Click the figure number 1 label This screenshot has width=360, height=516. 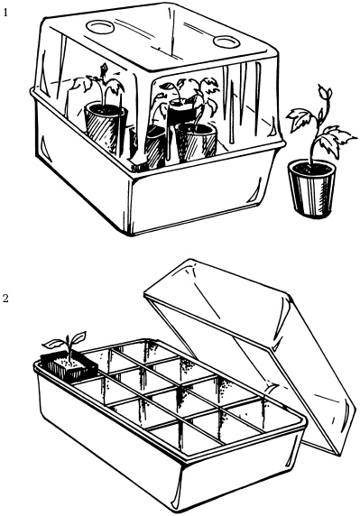5,13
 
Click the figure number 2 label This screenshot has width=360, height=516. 5,299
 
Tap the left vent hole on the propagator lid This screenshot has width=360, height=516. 100,27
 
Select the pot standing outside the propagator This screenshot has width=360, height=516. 312,189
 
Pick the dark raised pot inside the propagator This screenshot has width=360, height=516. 183,111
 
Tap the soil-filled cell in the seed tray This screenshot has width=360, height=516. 69,366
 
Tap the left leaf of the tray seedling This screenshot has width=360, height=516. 52,344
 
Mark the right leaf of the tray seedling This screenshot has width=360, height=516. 78,337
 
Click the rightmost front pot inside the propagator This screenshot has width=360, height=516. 197,143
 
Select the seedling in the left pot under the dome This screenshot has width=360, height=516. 98,84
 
